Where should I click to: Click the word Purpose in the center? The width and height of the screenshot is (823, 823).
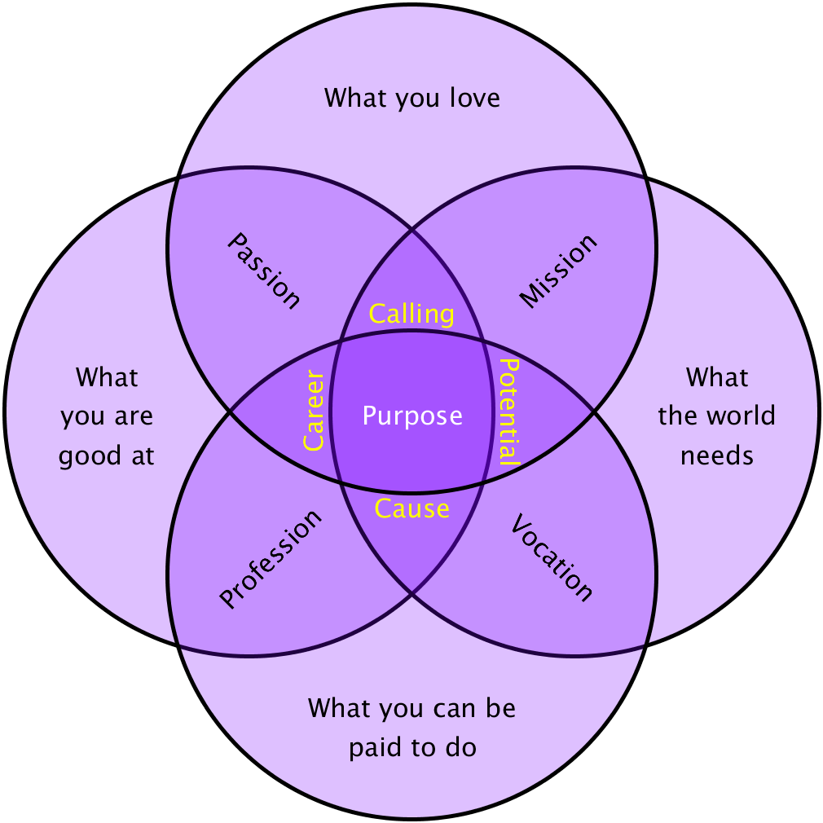(x=412, y=416)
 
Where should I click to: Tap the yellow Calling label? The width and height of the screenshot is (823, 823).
(x=411, y=315)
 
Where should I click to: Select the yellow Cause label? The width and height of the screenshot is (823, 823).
(x=411, y=509)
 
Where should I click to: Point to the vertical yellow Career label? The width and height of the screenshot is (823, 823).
(x=314, y=411)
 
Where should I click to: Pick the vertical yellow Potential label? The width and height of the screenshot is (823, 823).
(x=509, y=411)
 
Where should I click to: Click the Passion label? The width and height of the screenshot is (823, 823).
(x=263, y=271)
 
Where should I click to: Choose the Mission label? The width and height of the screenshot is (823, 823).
(x=559, y=271)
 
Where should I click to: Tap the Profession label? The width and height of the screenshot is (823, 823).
(x=271, y=559)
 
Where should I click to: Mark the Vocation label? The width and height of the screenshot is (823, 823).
(x=552, y=559)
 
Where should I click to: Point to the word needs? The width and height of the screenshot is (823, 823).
(x=717, y=455)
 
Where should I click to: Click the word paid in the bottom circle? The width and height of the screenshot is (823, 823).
(x=377, y=747)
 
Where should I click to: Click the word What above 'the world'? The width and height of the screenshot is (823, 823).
(x=717, y=377)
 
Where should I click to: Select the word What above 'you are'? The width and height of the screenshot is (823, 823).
(x=107, y=377)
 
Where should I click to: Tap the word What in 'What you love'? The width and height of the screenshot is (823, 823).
(x=357, y=99)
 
